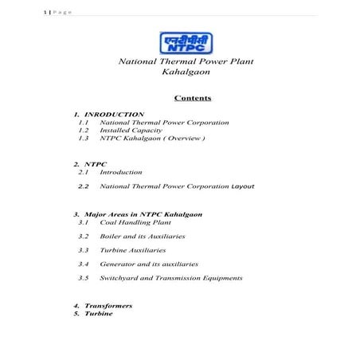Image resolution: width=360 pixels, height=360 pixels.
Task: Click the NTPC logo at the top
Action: pyautogui.click(x=179, y=41)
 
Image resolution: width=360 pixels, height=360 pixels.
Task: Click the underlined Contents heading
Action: pyautogui.click(x=191, y=99)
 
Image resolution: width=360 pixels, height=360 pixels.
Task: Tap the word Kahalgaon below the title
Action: pyautogui.click(x=180, y=72)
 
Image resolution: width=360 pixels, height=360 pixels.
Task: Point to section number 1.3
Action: pyautogui.click(x=84, y=139)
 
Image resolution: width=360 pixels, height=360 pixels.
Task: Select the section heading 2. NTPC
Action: pyautogui.click(x=89, y=163)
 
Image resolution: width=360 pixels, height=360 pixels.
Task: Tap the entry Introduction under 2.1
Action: pyautogui.click(x=121, y=172)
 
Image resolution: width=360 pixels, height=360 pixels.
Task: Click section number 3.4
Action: pyautogui.click(x=84, y=264)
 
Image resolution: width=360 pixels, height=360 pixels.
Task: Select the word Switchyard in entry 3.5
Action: pyautogui.click(x=122, y=278)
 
